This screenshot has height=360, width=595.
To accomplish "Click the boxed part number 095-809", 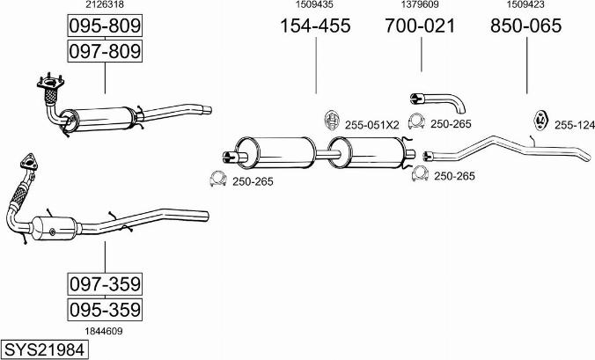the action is point(105,26).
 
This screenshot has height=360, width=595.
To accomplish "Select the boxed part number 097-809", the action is point(105,51).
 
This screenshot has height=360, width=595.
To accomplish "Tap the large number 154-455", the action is point(315,26).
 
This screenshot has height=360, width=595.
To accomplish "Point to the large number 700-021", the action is point(420,26).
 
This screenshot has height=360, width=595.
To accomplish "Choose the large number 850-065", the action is point(526,26).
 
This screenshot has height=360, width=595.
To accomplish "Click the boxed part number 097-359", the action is point(105,283).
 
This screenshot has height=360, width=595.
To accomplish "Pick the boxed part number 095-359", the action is point(105,310).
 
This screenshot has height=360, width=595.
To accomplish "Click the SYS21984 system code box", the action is point(44,349).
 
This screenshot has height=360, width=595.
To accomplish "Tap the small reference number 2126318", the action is point(105,4).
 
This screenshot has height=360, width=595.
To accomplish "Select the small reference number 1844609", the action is point(104,331).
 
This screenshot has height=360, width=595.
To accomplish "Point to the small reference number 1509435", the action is point(314,4).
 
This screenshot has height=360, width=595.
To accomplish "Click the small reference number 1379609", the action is point(420,4).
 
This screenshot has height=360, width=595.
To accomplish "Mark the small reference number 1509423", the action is point(525,4).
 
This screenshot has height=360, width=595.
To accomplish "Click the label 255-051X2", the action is point(371,125).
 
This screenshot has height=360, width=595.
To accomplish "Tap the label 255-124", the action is point(575,125).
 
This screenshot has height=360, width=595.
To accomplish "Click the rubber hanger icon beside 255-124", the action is point(540,120).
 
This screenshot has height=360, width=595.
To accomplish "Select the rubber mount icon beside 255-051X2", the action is point(331,121).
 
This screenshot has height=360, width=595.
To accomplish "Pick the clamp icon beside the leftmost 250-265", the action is point(217,179).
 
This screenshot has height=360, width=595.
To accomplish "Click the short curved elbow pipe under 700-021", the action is point(437,102).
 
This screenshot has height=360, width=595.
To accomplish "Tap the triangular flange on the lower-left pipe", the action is point(29,162).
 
